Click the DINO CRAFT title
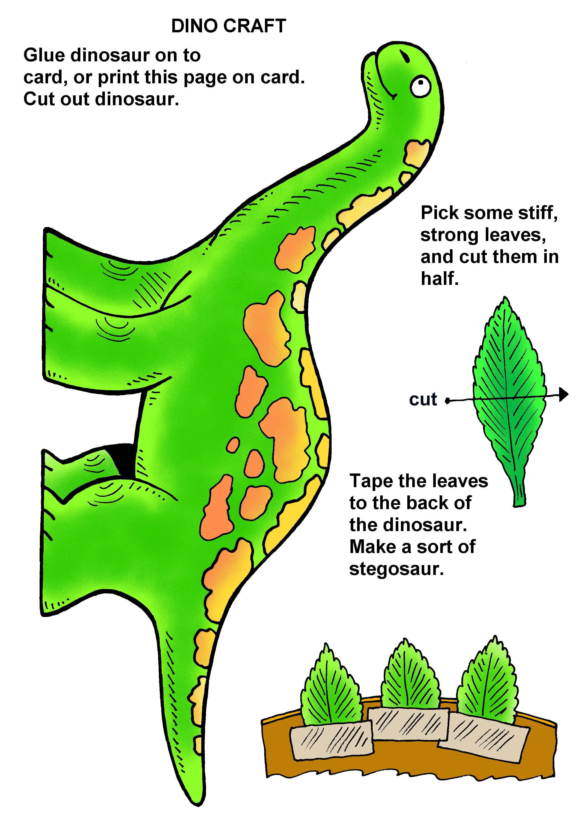228,26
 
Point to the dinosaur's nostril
404,56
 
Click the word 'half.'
440,279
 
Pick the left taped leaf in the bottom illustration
331,687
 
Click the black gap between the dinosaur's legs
124,460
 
